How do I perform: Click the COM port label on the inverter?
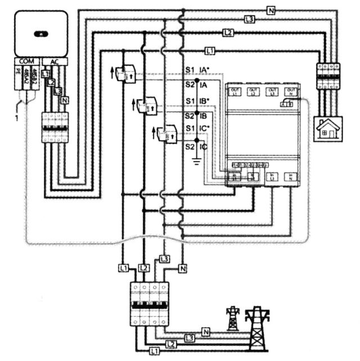pyautogui.click(x=25, y=61)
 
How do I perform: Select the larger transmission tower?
pyautogui.click(x=257, y=329)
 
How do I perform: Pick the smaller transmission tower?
pyautogui.click(x=232, y=318)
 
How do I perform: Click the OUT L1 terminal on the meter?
pyautogui.click(x=236, y=91)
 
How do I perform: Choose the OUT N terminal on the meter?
pyautogui.click(x=290, y=91)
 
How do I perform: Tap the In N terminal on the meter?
pyautogui.click(x=290, y=177)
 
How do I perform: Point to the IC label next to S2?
pyautogui.click(x=204, y=147)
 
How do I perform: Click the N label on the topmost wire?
pyautogui.click(x=271, y=10)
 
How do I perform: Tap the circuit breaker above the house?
pyautogui.click(x=328, y=75)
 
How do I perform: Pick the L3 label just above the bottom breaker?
pyautogui.click(x=164, y=259)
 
